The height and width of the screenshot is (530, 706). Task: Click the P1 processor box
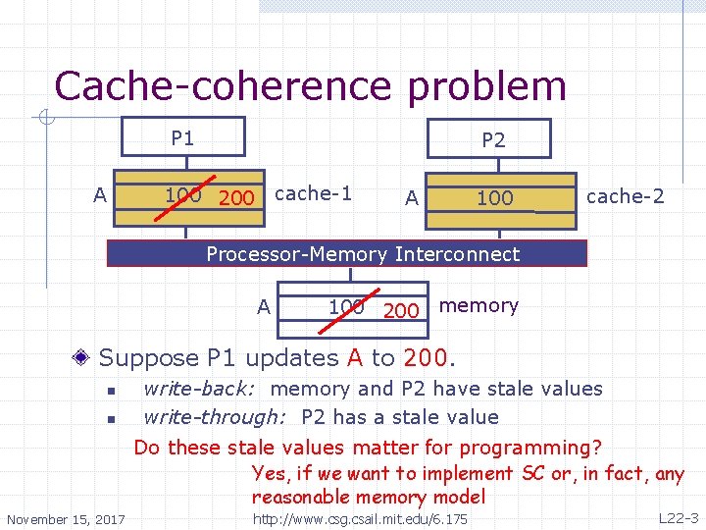click(182, 138)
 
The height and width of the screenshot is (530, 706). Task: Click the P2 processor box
click(493, 140)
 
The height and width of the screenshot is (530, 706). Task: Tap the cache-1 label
click(313, 193)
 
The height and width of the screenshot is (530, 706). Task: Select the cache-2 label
click(625, 196)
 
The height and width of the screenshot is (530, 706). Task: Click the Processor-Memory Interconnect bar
click(362, 254)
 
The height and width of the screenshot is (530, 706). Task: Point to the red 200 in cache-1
click(236, 198)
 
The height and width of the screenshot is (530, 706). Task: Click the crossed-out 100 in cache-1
click(182, 194)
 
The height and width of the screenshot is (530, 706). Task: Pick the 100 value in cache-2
click(494, 198)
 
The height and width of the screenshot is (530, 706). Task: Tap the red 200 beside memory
click(401, 311)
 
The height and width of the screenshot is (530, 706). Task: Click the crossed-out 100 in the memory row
click(346, 306)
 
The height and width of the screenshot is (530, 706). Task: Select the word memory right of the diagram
click(479, 305)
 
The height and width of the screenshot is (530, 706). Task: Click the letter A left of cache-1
click(99, 195)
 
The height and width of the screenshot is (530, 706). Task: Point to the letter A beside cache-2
click(412, 198)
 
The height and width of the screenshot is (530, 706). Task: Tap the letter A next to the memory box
click(263, 307)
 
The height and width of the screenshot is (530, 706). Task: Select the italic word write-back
click(201, 389)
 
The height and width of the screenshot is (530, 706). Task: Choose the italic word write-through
click(214, 417)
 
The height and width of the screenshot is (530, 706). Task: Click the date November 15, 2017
click(66, 519)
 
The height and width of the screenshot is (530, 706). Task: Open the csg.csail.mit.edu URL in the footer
click(360, 518)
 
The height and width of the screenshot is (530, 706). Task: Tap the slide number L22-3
click(678, 517)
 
